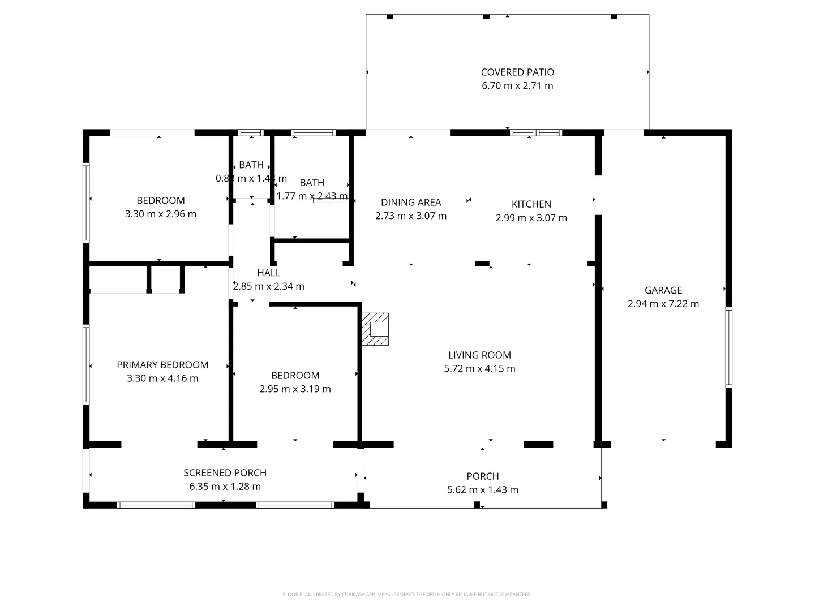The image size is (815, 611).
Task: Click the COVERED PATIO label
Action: (517, 72)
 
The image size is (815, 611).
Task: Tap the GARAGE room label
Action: (663, 290)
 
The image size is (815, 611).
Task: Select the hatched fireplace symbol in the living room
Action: (376, 329)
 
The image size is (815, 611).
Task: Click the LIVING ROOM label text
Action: (479, 355)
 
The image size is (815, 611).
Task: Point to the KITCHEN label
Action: (531, 204)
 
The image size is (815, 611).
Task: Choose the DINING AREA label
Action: (411, 203)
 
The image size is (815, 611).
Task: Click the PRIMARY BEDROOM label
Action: (162, 365)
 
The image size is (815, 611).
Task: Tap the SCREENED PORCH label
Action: (225, 473)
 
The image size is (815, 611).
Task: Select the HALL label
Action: (269, 273)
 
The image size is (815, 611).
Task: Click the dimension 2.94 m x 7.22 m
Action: (663, 304)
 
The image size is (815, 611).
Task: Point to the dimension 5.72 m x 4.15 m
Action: (479, 369)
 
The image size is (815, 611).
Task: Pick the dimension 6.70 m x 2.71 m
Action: (517, 86)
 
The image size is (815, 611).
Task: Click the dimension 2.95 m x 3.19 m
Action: (295, 389)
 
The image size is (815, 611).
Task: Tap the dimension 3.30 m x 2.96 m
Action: (161, 214)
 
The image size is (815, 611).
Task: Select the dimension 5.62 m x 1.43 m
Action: (483, 490)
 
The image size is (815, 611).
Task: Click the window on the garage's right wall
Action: (728, 347)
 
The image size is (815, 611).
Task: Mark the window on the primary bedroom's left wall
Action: (86, 364)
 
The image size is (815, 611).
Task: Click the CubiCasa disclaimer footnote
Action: (407, 595)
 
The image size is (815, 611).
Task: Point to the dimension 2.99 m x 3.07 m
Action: (531, 218)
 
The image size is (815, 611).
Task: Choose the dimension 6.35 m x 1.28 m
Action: (225, 487)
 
